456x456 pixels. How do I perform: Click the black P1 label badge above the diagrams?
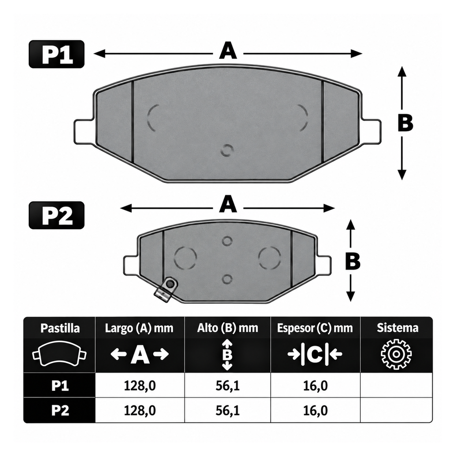pyautogui.click(x=57, y=54)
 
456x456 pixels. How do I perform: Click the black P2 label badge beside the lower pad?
pyautogui.click(x=57, y=215)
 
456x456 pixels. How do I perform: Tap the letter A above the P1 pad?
pyautogui.click(x=228, y=51)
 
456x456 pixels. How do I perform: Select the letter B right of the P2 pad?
pyautogui.click(x=352, y=261)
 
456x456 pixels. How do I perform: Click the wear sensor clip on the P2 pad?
pyautogui.click(x=166, y=290)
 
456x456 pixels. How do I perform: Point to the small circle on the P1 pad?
pyautogui.click(x=227, y=150)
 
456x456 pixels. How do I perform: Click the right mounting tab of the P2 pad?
pyautogui.click(x=324, y=265)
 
